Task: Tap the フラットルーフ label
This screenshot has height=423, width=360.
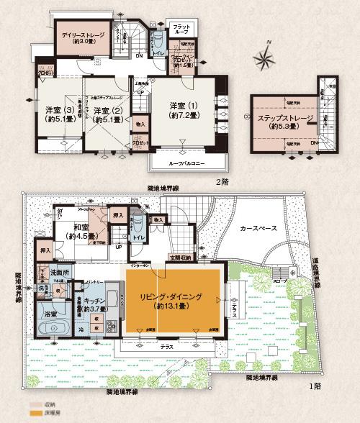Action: pyautogui.click(x=181, y=29)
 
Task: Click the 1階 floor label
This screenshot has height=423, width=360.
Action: pyautogui.click(x=314, y=386)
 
